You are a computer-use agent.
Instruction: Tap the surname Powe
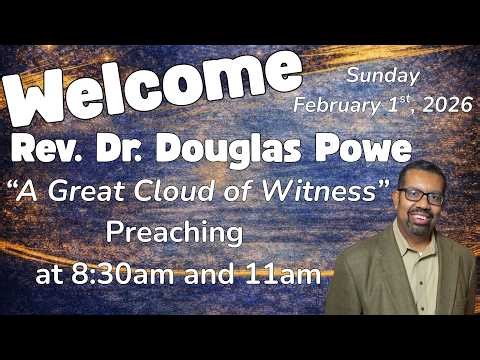point(370,151)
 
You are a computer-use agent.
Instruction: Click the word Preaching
point(175,234)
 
